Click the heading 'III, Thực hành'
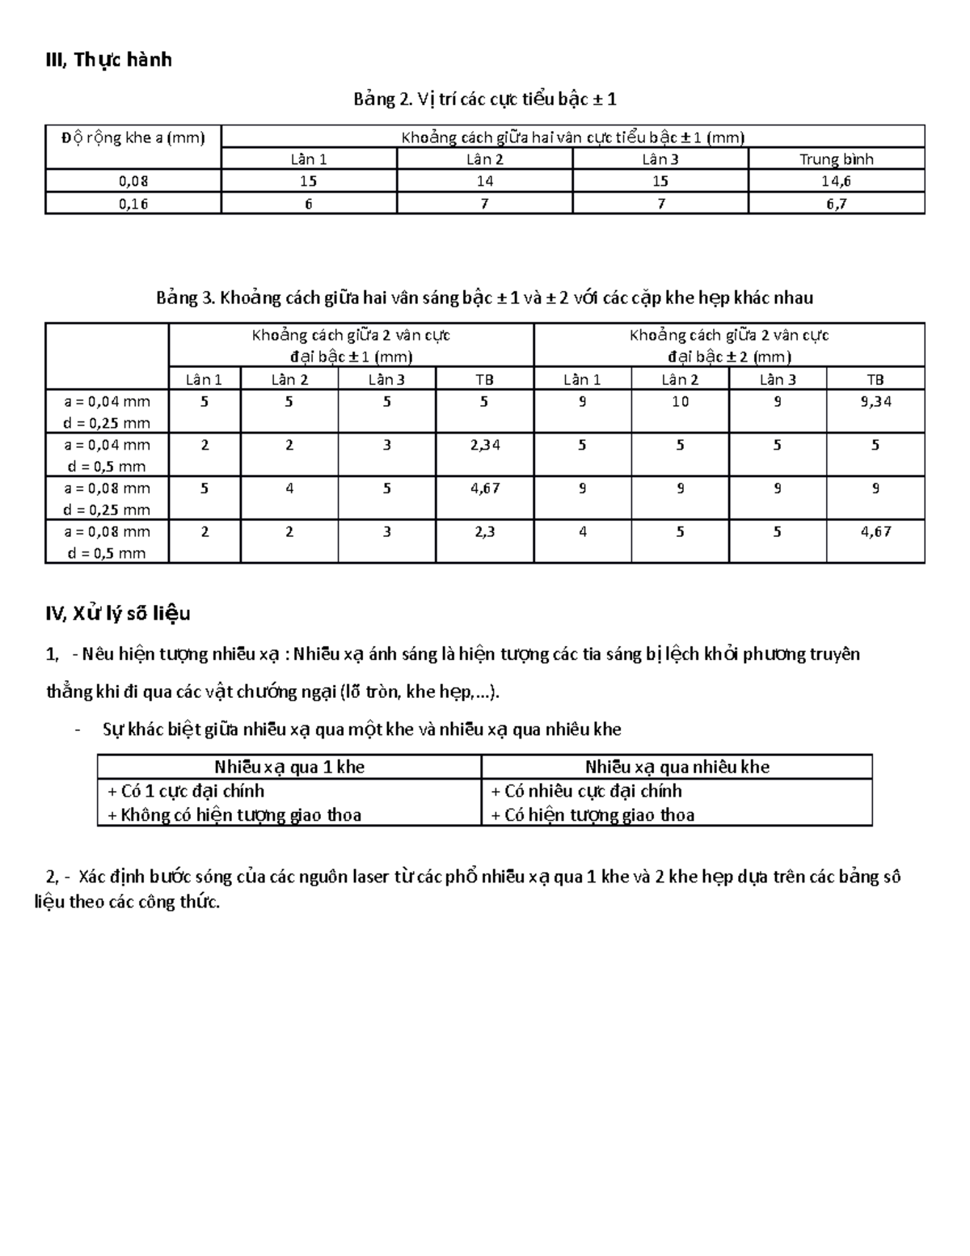click(108, 60)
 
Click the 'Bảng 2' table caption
click(484, 99)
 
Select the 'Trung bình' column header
click(836, 159)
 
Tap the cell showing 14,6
click(836, 181)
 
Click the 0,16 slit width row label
click(133, 204)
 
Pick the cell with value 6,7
click(836, 204)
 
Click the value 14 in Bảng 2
click(484, 181)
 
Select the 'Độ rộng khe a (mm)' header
click(133, 137)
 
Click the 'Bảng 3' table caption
click(484, 298)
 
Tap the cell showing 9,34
click(875, 401)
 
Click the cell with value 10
click(680, 401)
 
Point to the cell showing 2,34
click(484, 445)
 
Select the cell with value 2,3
click(484, 532)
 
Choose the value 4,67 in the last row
click(875, 532)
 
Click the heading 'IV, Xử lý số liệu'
click(118, 614)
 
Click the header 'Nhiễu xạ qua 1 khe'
click(289, 767)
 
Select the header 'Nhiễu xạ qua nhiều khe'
click(677, 767)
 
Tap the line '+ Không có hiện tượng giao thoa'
click(234, 814)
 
